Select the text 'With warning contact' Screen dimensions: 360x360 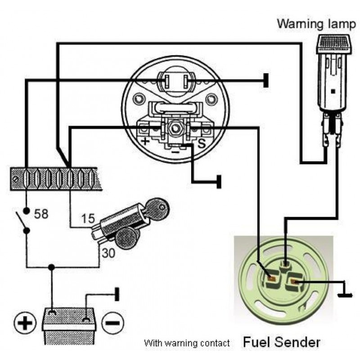[x=187, y=343]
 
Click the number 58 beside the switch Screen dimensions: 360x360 [x=41, y=213]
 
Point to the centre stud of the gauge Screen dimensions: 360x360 [x=175, y=129]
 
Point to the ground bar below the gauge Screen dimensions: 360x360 [x=219, y=181]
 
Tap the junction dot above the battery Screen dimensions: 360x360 [x=52, y=267]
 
